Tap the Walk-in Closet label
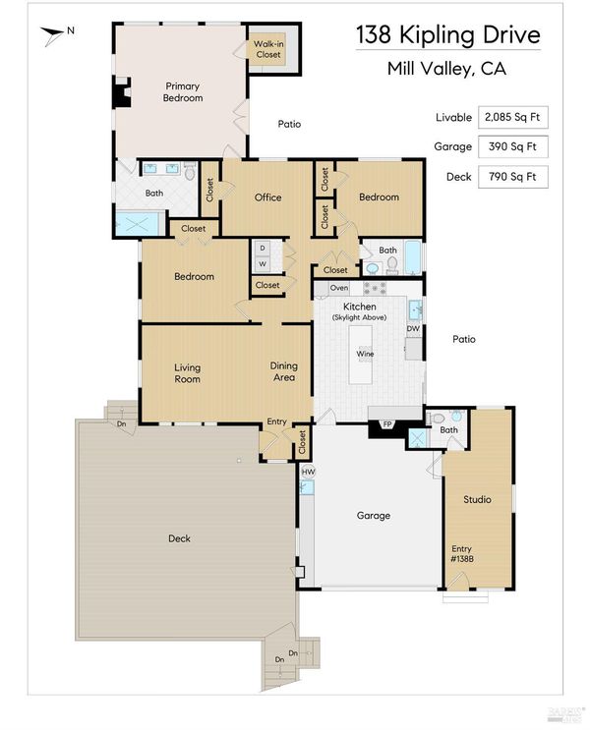[268, 49]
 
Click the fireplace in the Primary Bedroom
[121, 92]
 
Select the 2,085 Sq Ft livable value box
[512, 117]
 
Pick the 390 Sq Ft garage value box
[512, 146]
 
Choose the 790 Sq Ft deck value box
[512, 177]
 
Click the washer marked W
[263, 264]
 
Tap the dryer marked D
[263, 249]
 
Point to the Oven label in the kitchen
[339, 288]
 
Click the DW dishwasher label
[413, 328]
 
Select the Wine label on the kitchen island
[365, 354]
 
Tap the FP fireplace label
[386, 424]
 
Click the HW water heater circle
[308, 472]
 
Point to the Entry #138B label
[462, 553]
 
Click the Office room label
[268, 197]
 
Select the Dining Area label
[284, 371]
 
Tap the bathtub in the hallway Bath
[413, 257]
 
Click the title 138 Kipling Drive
[448, 35]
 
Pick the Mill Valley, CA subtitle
[446, 69]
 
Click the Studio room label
[477, 499]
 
